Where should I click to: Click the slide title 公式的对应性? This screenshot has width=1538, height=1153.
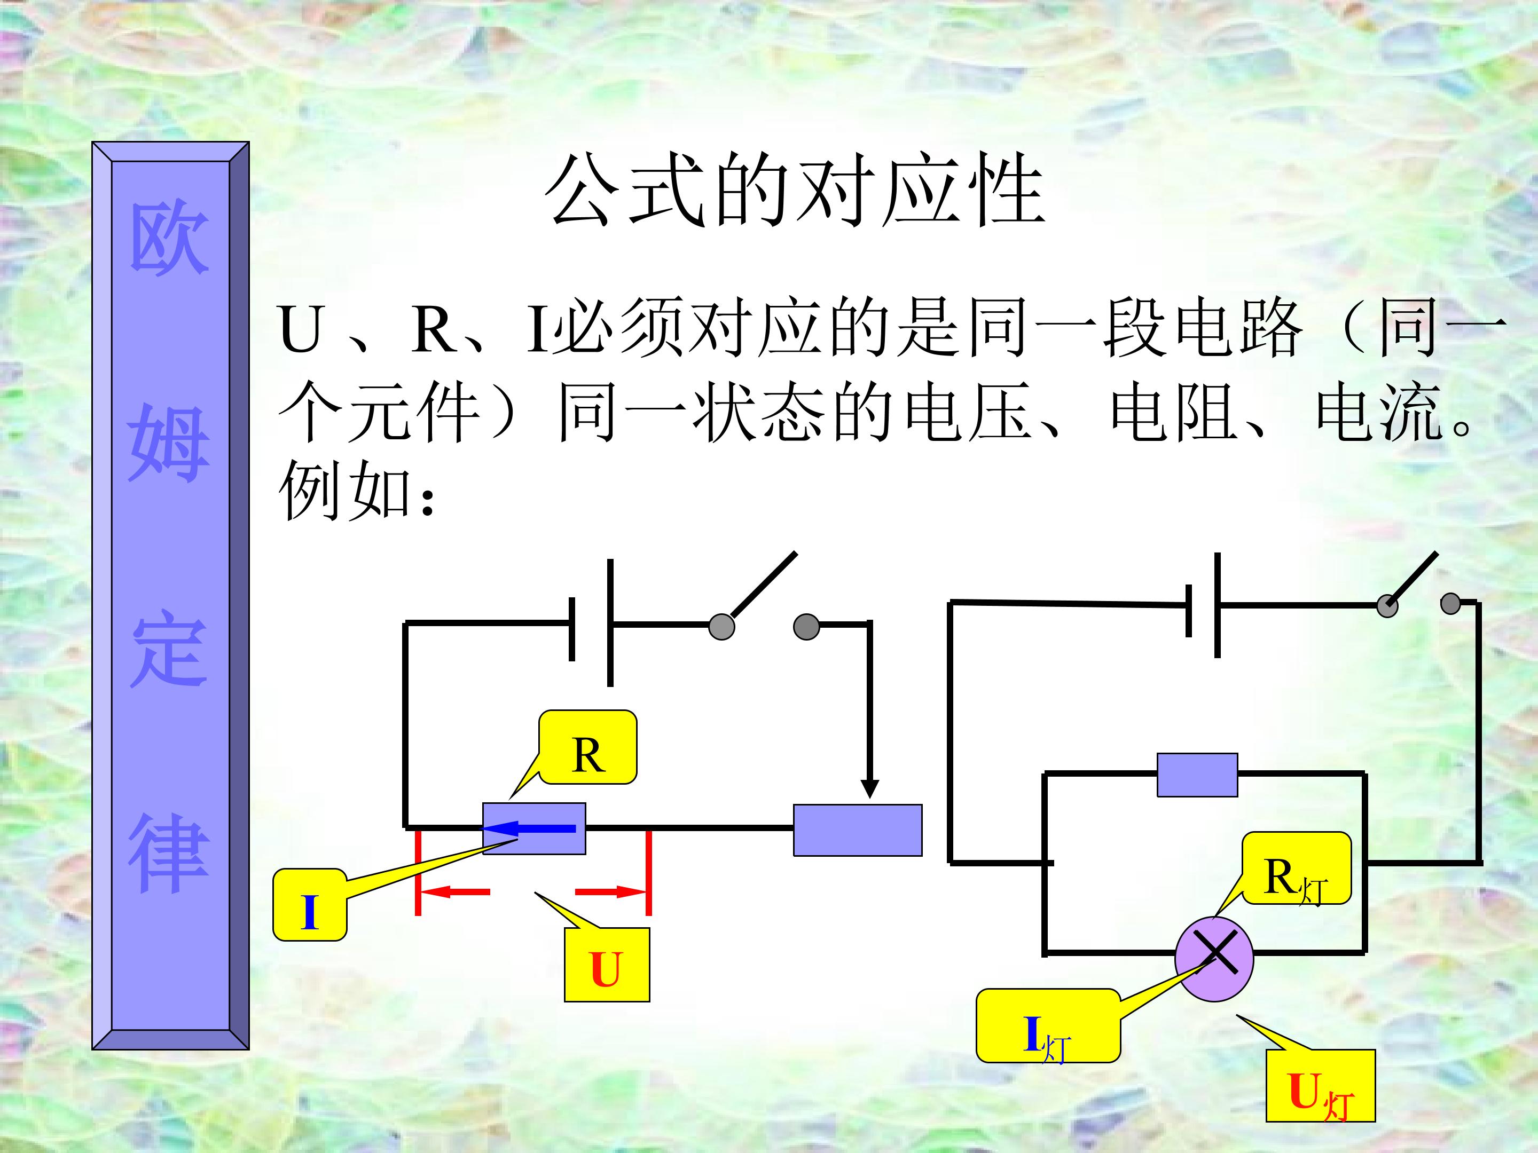[x=794, y=191]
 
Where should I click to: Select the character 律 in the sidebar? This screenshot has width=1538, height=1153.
[x=169, y=854]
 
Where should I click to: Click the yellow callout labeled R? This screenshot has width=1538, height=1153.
[x=587, y=748]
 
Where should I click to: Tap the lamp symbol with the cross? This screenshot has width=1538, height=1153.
[x=1214, y=959]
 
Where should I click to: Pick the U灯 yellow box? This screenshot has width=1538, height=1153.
[x=1320, y=1086]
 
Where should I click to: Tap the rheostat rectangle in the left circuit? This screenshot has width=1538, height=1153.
[x=858, y=830]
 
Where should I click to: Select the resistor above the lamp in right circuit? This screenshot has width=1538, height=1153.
[x=1197, y=775]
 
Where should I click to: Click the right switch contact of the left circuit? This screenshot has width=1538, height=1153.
[x=806, y=626]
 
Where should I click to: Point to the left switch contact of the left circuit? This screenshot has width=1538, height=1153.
[x=721, y=626]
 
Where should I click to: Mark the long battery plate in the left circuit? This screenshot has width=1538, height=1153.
[x=610, y=623]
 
